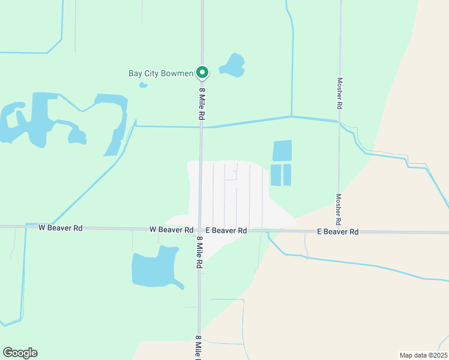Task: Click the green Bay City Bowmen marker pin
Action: (203, 72)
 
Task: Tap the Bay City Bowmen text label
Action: (161, 74)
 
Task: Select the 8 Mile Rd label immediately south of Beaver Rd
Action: (200, 252)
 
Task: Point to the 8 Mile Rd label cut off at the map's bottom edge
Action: (198, 347)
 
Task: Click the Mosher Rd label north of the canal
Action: (340, 93)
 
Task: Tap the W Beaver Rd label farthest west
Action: (60, 228)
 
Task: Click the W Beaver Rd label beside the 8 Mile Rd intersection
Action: (171, 230)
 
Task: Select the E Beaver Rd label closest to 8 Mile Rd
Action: (226, 230)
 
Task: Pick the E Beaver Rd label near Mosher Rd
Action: (337, 232)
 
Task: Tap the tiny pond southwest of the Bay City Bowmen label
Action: (143, 85)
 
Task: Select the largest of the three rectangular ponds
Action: (282, 151)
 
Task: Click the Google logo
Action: (20, 353)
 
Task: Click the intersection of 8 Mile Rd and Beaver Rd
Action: (200, 230)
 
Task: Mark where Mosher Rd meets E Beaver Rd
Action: (339, 232)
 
